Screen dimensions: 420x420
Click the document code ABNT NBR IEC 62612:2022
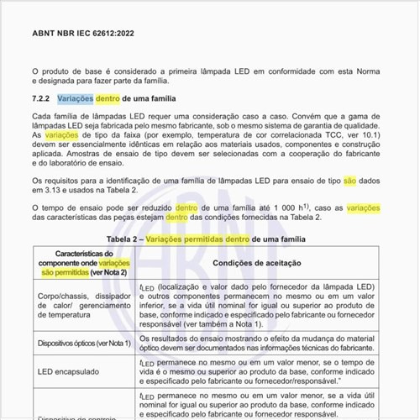pos(82,35)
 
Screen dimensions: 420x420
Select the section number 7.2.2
pos(43,99)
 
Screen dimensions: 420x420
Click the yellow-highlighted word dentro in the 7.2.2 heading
pos(108,99)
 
